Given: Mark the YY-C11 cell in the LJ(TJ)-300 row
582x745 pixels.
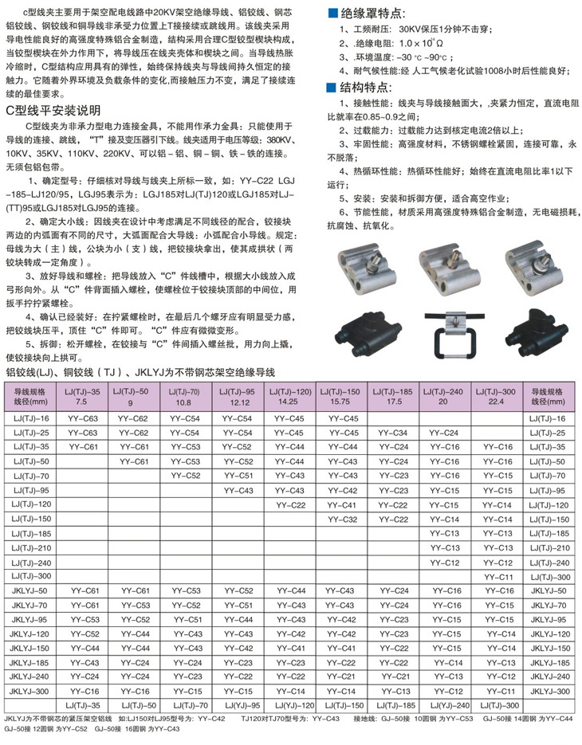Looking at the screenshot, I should [x=497, y=576].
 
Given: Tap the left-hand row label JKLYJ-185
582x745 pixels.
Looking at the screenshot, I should [x=30, y=662].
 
